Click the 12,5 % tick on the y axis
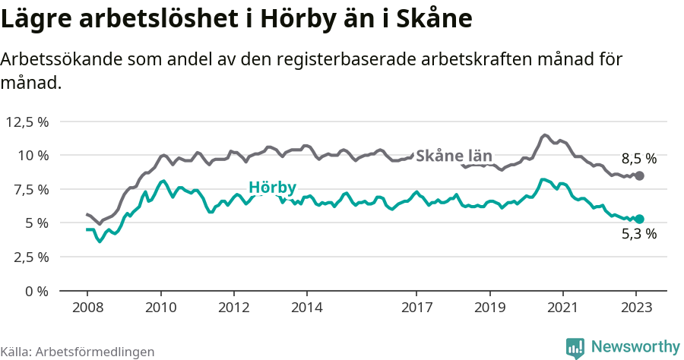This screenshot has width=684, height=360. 27,122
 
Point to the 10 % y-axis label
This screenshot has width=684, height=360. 33,155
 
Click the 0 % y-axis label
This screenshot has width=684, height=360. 37,291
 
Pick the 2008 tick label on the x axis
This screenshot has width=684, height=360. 87,308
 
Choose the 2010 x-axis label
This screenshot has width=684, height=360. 160,308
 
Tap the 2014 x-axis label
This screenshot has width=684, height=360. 306,308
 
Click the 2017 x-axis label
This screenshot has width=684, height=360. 416,308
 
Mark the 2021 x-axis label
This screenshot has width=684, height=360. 562,308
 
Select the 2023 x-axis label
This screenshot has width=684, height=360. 636,308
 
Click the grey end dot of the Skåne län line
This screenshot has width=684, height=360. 639,175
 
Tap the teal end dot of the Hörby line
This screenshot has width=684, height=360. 639,219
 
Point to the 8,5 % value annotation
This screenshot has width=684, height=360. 638,159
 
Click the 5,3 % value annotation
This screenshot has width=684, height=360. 638,234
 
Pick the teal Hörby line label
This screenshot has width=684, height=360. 272,187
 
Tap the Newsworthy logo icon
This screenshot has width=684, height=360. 575,347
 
